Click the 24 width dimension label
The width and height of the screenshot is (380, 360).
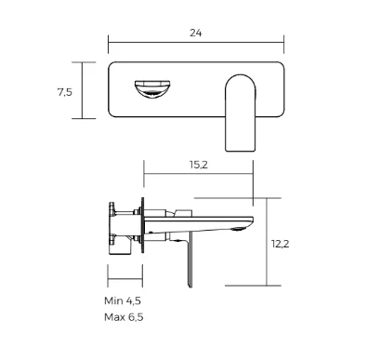click(196, 33)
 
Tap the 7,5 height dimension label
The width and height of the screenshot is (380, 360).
click(65, 92)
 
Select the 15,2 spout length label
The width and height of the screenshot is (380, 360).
click(199, 165)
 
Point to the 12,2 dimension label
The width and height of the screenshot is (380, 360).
click(281, 244)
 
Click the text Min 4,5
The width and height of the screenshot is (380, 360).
click(123, 300)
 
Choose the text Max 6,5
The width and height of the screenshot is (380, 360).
click(124, 317)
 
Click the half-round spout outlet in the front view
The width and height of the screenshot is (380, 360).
click(152, 89)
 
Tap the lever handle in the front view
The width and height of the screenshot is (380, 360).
click(241, 113)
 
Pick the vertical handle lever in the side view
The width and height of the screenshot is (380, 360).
click(190, 262)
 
